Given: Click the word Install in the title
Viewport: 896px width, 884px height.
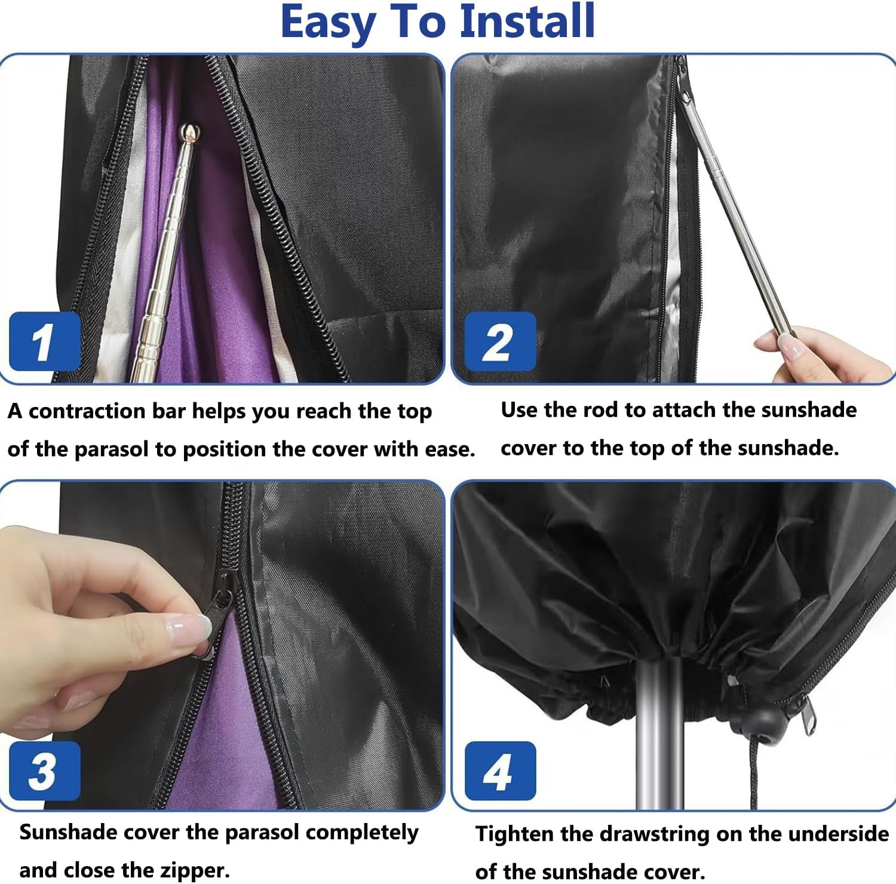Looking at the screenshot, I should point(527,22).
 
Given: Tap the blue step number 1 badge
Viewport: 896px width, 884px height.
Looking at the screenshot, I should point(45,342).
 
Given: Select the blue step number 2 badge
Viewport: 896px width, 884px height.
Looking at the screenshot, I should point(500,342).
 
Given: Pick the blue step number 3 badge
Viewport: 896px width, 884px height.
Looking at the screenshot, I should point(45,771).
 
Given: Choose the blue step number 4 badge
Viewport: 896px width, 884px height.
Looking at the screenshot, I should point(500,771).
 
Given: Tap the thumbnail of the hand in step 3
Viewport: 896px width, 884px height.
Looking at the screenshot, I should point(190,628).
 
